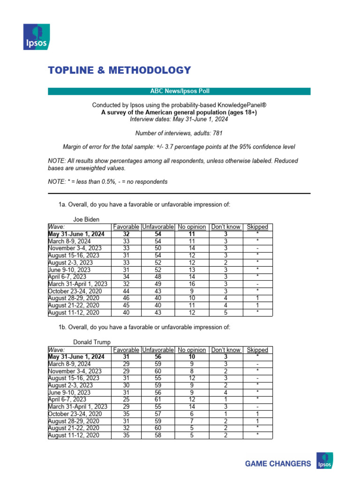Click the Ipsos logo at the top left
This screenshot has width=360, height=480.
(37, 37)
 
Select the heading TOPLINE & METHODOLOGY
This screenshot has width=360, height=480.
(120, 70)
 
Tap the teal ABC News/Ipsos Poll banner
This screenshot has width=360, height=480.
(179, 91)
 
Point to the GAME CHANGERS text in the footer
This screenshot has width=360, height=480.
(278, 464)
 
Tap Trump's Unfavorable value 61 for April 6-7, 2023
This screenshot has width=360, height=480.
(157, 399)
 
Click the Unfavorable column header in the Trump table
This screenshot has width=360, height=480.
(157, 350)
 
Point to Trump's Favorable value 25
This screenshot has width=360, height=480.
(126, 399)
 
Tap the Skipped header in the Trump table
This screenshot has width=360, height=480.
(257, 350)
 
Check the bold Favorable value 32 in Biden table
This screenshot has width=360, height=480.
(126, 234)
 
